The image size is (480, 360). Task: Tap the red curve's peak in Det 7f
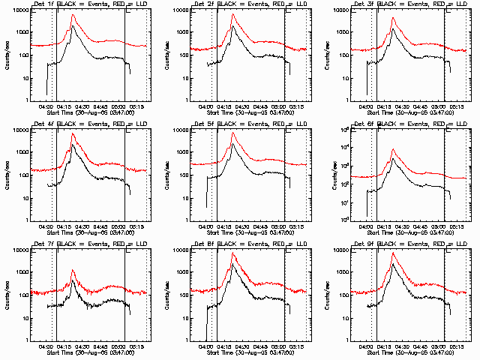tap(73, 270)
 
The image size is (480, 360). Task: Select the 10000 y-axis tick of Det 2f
tap(182, 10)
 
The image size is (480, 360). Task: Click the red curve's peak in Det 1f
tap(73, 15)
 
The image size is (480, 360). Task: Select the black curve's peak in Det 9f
tap(392, 264)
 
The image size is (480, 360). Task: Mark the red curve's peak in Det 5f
tap(233, 133)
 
